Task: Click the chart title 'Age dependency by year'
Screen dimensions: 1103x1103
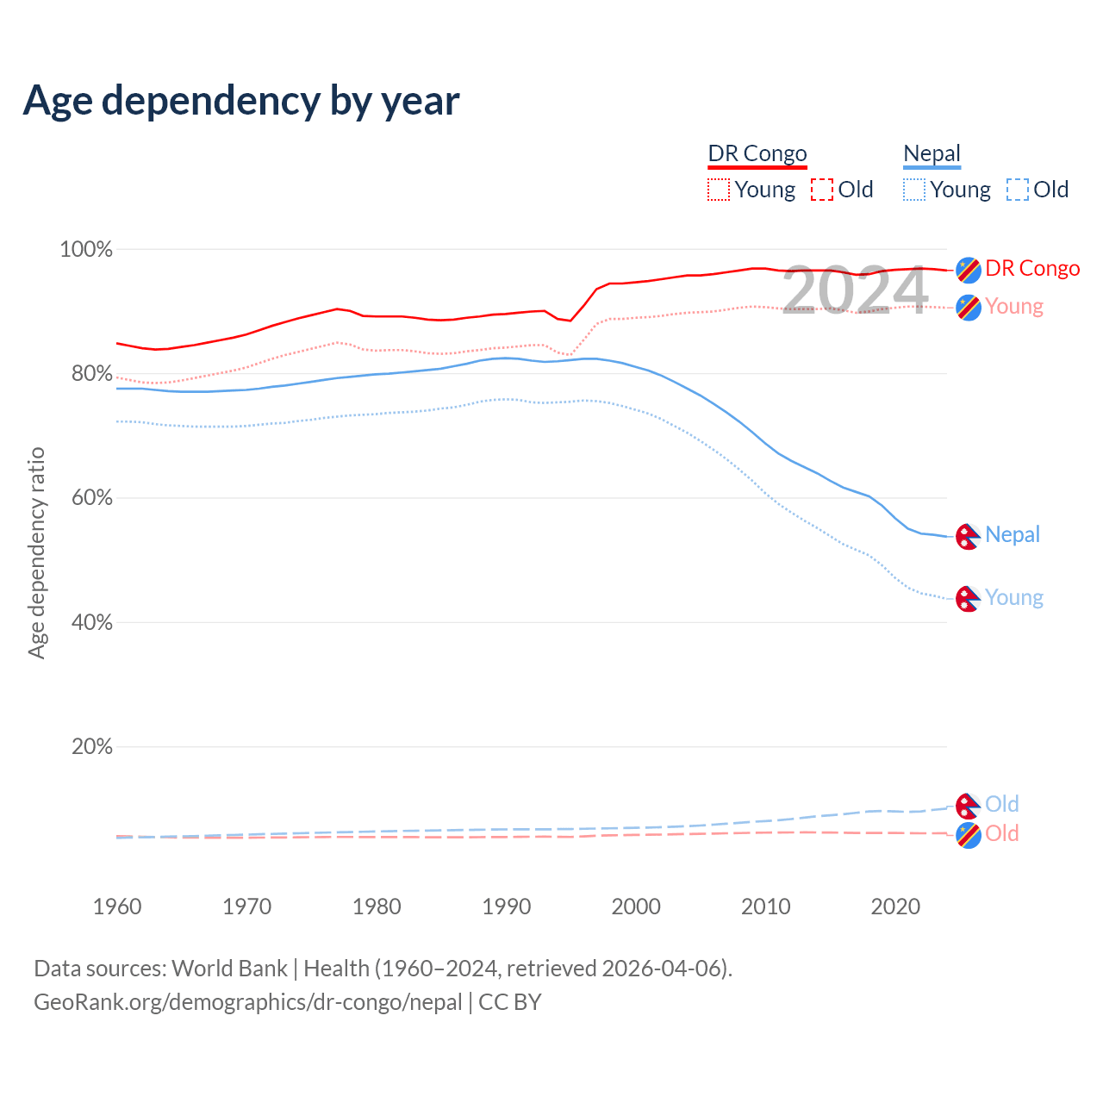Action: [241, 101]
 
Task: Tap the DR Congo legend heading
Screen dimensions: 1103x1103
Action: [757, 153]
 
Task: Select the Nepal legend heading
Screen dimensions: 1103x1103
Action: [932, 154]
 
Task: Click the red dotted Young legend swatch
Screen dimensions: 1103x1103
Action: [719, 190]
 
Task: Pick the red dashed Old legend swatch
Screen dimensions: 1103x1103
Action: [822, 190]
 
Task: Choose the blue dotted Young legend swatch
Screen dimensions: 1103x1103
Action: [914, 190]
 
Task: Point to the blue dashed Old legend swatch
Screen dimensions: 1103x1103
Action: [1018, 190]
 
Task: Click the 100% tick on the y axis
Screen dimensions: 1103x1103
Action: [86, 250]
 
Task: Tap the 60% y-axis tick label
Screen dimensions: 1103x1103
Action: [91, 498]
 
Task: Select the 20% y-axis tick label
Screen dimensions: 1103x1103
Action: [91, 747]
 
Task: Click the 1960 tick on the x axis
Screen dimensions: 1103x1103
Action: [117, 907]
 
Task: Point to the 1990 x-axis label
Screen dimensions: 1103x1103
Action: [507, 907]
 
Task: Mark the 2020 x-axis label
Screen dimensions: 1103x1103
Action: [895, 907]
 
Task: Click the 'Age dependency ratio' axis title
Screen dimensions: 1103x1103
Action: [36, 552]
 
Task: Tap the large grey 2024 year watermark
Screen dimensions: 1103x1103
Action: [855, 290]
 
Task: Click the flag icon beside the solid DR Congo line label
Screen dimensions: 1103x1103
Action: [969, 270]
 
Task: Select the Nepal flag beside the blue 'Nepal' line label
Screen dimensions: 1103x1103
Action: [969, 536]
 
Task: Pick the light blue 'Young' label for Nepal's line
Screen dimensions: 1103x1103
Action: [1014, 598]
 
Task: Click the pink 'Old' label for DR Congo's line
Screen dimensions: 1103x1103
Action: [1002, 833]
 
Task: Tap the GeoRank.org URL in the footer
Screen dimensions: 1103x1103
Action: [248, 1002]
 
